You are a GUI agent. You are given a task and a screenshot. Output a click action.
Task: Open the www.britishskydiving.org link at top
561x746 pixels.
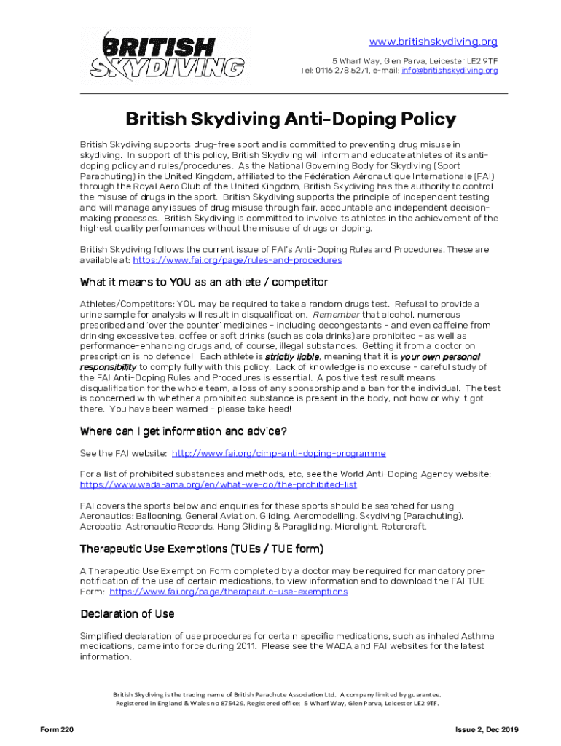point(433,42)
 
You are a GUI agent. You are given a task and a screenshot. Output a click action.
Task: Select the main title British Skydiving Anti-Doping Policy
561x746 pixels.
point(291,119)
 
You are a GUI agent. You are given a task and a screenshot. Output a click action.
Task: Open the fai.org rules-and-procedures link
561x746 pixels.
point(238,260)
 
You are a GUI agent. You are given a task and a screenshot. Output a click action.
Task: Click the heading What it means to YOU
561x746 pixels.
point(203,282)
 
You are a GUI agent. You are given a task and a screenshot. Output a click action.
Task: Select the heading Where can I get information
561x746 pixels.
point(183,431)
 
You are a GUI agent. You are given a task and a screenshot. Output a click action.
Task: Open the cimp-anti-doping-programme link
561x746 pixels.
point(278,453)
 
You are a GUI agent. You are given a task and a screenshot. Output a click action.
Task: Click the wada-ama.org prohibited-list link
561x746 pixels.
point(218,484)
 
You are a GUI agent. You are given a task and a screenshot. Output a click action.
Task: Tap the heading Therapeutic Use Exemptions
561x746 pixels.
point(201,549)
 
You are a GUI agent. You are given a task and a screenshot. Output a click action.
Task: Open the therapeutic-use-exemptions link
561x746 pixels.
point(228,592)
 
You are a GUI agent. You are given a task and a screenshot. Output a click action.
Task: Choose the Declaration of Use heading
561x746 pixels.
point(127,613)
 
